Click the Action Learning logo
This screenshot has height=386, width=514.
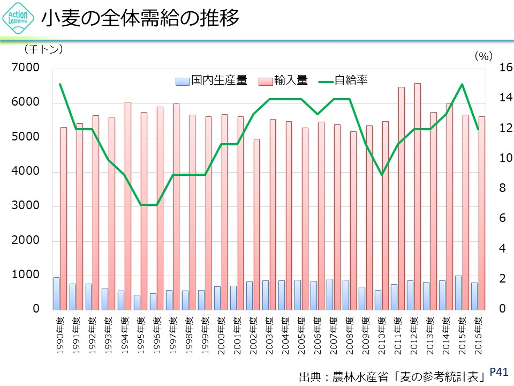19,20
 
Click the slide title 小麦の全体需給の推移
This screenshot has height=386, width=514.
140,19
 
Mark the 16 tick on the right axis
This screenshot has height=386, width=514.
505,68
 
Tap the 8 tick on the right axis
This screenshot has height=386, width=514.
502,189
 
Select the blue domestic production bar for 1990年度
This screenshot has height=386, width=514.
56,293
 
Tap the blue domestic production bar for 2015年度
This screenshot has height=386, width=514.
458,293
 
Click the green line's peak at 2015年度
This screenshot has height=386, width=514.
462,84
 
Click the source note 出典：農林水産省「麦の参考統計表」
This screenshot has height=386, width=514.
395,375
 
